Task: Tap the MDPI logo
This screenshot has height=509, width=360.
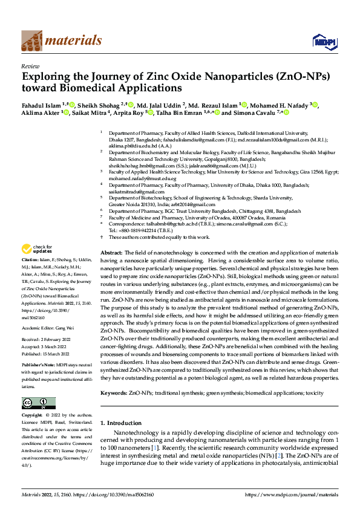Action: coord(321,41)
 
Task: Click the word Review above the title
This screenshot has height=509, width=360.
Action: coord(30,66)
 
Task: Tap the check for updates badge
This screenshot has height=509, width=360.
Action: coord(38,248)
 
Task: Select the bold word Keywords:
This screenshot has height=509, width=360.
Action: coord(113,392)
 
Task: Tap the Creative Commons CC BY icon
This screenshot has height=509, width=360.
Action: coord(38,403)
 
